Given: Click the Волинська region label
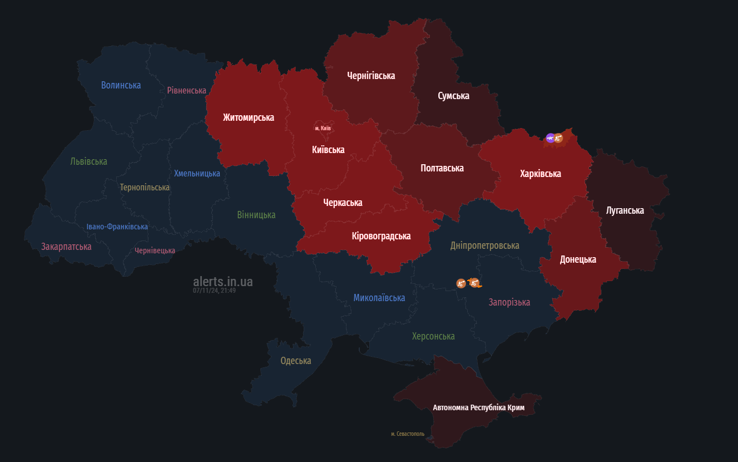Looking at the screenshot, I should pyautogui.click(x=121, y=85).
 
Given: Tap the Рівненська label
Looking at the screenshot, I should pyautogui.click(x=186, y=90).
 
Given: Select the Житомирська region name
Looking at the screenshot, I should pyautogui.click(x=248, y=117).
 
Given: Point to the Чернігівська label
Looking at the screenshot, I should pyautogui.click(x=371, y=76).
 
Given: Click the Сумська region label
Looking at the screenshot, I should pyautogui.click(x=453, y=96).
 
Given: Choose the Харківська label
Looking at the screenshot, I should pyautogui.click(x=540, y=174).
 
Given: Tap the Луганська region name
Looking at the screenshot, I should pyautogui.click(x=625, y=210).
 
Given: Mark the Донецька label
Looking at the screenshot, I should pyautogui.click(x=578, y=259).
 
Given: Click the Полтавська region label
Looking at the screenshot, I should pyautogui.click(x=442, y=168).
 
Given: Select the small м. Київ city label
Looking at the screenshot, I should pyautogui.click(x=323, y=128).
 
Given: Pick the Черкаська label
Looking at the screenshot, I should pyautogui.click(x=343, y=203).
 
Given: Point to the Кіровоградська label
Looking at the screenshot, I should pyautogui.click(x=381, y=236).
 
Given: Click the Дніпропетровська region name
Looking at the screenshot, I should pyautogui.click(x=484, y=245).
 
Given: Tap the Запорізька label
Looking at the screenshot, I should pyautogui.click(x=509, y=302).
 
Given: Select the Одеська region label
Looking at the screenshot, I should pyautogui.click(x=295, y=361).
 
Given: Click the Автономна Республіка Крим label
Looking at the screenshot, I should pyautogui.click(x=478, y=407).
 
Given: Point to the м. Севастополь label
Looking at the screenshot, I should pyautogui.click(x=407, y=434).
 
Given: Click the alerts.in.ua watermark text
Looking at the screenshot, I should pyautogui.click(x=222, y=282).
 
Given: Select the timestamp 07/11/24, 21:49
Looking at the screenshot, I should pyautogui.click(x=214, y=291).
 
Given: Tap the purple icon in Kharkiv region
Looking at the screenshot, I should pyautogui.click(x=550, y=138).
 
